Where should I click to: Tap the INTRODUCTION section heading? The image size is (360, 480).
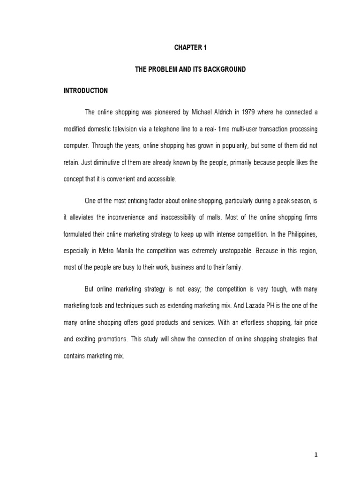point(86,90)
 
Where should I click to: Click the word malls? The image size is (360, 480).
point(222,217)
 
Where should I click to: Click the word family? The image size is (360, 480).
point(232,268)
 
